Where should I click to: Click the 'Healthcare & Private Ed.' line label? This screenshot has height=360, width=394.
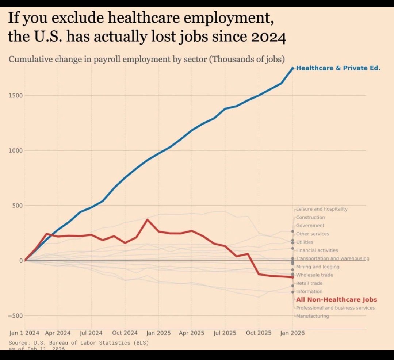click(x=338, y=68)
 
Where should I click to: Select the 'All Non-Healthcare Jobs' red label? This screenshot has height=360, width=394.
click(x=336, y=300)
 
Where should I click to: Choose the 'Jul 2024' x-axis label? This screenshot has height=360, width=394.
click(x=91, y=333)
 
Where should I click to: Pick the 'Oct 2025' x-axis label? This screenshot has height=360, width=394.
click(x=259, y=333)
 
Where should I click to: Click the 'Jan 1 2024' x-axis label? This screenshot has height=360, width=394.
click(x=24, y=333)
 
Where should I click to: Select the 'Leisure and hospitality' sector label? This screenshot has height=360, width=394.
click(x=322, y=209)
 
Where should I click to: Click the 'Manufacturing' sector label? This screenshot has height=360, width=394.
click(x=312, y=316)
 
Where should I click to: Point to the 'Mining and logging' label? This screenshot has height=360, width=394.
click(x=318, y=267)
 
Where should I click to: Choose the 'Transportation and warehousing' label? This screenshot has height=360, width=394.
click(x=332, y=258)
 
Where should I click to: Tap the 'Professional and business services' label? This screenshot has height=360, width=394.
click(x=335, y=308)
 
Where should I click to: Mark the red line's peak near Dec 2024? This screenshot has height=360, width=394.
click(x=147, y=219)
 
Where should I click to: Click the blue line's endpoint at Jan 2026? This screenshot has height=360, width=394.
click(x=292, y=68)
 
